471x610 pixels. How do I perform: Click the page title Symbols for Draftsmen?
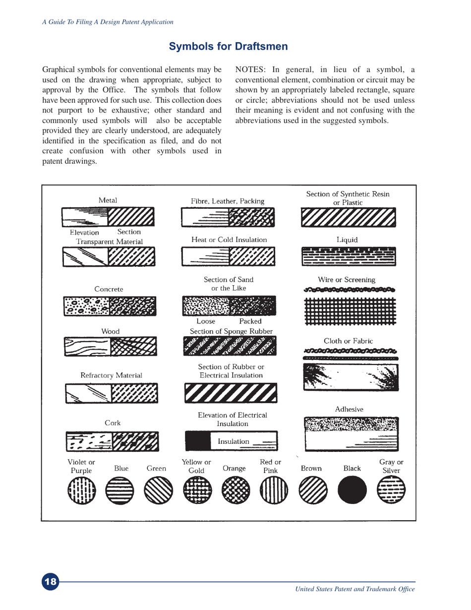coord(228,47)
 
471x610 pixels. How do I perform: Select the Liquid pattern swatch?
coord(349,256)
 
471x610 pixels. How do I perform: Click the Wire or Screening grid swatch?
coord(349,310)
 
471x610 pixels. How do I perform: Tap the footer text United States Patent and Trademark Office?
coord(354,589)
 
